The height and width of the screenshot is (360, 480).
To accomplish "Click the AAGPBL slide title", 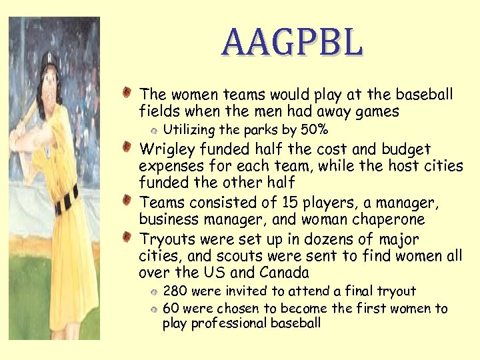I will coord(293,42).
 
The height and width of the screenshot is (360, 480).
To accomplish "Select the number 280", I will coord(175,291).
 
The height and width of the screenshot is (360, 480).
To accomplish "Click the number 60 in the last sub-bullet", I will coord(171,309).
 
